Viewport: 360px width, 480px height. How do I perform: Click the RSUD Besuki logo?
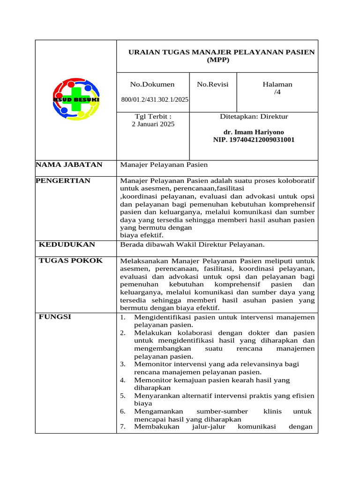[x=76, y=99]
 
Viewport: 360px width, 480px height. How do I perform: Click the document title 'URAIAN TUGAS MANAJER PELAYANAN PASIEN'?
[x=222, y=52]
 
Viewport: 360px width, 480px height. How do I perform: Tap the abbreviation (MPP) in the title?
[x=217, y=60]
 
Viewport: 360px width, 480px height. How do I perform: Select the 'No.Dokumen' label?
[x=152, y=84]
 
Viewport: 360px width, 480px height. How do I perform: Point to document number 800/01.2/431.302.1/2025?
[x=155, y=100]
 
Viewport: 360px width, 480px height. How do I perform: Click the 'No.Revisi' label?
[x=213, y=84]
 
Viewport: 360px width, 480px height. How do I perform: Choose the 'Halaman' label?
[x=277, y=84]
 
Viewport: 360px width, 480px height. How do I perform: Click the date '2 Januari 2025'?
[x=152, y=124]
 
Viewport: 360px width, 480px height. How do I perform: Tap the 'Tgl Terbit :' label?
[x=152, y=116]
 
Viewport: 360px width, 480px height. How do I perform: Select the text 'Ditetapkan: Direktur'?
[x=254, y=116]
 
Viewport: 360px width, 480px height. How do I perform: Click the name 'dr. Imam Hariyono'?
[x=254, y=132]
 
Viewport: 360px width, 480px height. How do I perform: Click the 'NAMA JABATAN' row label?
[x=69, y=165]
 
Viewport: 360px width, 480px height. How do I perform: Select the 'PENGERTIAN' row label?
[x=63, y=180]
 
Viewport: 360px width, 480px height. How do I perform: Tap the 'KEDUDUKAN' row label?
[x=67, y=244]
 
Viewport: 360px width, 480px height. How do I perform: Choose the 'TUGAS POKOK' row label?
[x=70, y=260]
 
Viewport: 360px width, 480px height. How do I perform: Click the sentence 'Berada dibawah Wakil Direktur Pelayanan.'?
[x=193, y=244]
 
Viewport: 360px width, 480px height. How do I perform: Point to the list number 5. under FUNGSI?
[x=122, y=396]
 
